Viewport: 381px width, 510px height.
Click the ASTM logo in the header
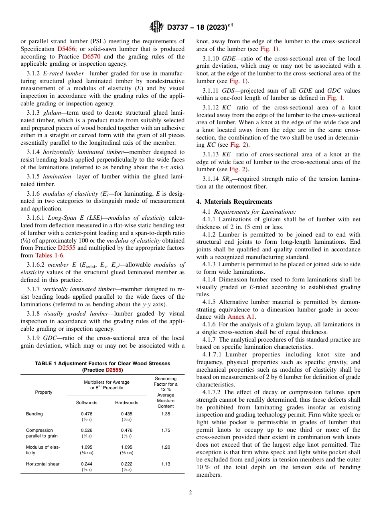(x=156, y=27)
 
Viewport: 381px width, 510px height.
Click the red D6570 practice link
(x=91, y=57)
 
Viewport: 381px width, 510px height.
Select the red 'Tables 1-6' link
(x=49, y=255)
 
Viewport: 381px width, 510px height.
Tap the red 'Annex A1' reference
(x=241, y=317)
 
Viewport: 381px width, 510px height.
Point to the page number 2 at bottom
(x=190, y=492)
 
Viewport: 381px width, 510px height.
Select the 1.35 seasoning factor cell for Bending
(x=166, y=414)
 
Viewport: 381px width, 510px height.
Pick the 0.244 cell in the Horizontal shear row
(x=86, y=464)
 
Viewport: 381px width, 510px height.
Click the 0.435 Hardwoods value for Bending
(x=126, y=414)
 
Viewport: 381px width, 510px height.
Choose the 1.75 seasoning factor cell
(x=166, y=430)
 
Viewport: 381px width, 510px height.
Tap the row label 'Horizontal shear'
(x=43, y=464)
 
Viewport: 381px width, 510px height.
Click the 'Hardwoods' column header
(x=126, y=403)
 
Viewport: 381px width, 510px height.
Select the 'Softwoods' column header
(x=87, y=403)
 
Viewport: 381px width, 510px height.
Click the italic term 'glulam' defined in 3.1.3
(x=52, y=113)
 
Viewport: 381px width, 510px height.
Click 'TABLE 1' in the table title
(x=46, y=363)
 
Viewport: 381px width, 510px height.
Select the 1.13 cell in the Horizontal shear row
(x=166, y=464)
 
